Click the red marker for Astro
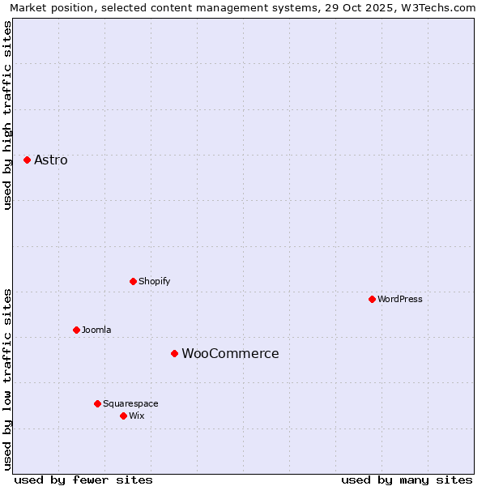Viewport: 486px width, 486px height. coord(27,160)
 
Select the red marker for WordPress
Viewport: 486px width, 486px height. coord(372,299)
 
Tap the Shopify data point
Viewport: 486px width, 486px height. coord(133,281)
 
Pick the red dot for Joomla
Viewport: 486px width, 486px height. coord(76,330)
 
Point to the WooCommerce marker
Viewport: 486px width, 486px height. coord(174,353)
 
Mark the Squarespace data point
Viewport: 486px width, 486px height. coord(97,403)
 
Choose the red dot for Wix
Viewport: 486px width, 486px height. coord(123,416)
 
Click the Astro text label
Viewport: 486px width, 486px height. coord(51,160)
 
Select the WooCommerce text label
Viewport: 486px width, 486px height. coord(230,353)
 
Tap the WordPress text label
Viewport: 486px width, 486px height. coord(400,299)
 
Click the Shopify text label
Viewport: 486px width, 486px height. coord(154,281)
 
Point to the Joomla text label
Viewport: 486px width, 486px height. coord(96,330)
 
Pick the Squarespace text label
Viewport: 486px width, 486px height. coord(130,403)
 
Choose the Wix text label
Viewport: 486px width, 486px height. coord(136,416)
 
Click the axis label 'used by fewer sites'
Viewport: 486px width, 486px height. coord(83,480)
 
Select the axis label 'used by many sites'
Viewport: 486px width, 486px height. coord(407,480)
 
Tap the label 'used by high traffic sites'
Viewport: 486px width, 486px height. coord(7,115)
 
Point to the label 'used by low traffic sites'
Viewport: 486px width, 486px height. coord(7,379)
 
